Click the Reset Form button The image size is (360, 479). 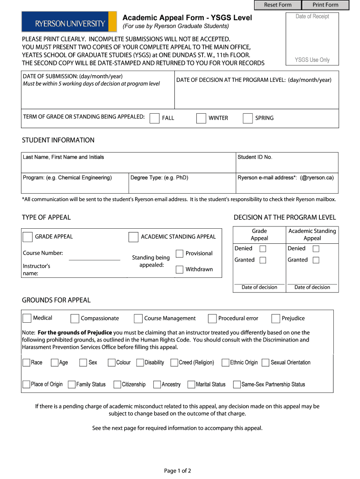278,5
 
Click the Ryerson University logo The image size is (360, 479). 69,22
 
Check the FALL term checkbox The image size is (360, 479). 154,118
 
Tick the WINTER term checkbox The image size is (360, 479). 201,118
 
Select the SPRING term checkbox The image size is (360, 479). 248,118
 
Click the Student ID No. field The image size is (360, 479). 287,165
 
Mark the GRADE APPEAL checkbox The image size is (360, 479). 28,237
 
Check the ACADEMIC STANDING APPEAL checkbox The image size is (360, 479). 133,237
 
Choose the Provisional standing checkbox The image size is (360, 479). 180,254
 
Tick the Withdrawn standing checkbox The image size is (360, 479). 180,269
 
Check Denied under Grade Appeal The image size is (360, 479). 263,249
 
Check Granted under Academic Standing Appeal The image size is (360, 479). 316,260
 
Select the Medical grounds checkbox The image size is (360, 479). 27,318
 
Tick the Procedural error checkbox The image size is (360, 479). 212,319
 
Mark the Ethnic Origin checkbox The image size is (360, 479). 225,363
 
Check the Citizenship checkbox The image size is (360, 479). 117,385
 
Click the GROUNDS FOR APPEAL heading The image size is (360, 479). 56,300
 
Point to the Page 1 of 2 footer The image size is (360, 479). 178,471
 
